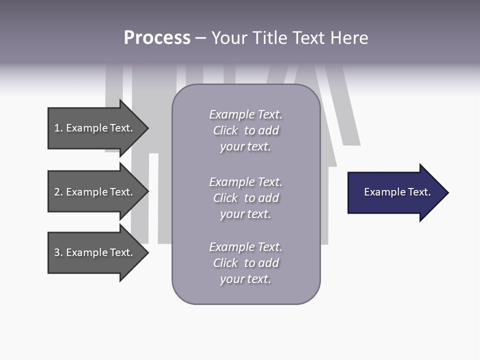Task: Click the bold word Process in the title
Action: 157,38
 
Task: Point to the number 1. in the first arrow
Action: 58,128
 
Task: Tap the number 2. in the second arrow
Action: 58,192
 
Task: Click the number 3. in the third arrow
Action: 58,252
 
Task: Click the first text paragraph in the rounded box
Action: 245,130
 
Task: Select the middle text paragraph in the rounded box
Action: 245,198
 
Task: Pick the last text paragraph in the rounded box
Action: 245,263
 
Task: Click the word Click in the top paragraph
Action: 225,130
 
